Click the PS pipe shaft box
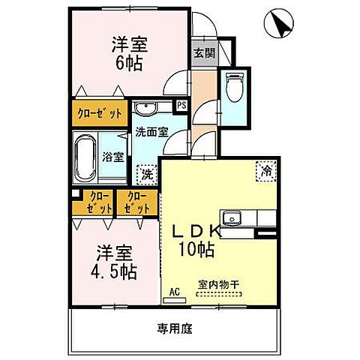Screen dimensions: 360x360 coord(181,106)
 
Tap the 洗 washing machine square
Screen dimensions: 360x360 coord(147,175)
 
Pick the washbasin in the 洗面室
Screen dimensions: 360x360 coord(147,106)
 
